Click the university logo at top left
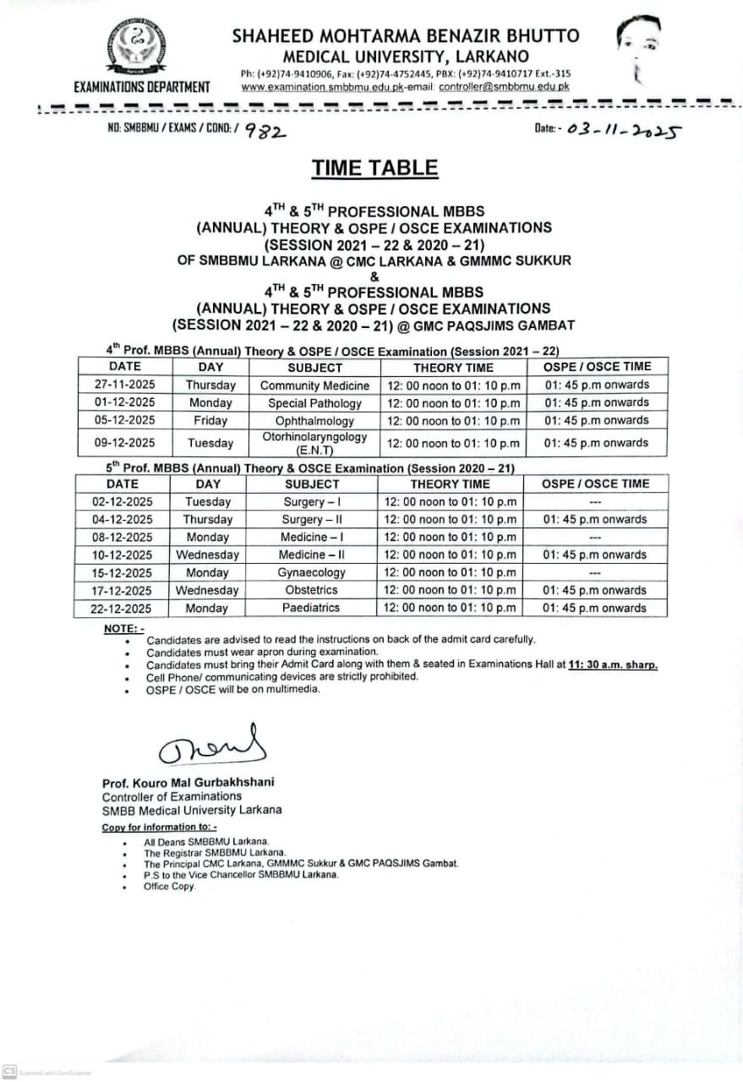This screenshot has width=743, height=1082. [x=136, y=48]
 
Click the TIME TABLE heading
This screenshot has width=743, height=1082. [x=374, y=167]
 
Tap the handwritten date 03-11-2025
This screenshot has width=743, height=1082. [x=624, y=130]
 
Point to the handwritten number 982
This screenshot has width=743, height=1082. [x=265, y=131]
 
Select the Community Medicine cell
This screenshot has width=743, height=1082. [x=314, y=385]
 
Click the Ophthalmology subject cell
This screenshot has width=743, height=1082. [x=314, y=420]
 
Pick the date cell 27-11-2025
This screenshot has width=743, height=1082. [x=125, y=385]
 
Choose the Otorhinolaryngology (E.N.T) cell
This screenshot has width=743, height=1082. [x=314, y=443]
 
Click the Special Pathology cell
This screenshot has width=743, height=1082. [x=314, y=403]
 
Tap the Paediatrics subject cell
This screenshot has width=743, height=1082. [x=311, y=608]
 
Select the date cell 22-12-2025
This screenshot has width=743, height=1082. [x=123, y=608]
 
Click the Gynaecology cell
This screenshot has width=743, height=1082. [x=311, y=572]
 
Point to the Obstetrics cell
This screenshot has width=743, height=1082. [x=311, y=590]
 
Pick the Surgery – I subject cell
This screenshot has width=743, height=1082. [x=311, y=501]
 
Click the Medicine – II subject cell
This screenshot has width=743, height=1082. [x=311, y=555]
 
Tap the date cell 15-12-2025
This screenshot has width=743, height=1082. [x=123, y=572]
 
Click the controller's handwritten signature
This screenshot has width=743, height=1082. [x=212, y=745]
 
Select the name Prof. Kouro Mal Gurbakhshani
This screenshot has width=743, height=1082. [x=188, y=783]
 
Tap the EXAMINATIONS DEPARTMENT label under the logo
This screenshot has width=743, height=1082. [x=141, y=86]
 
